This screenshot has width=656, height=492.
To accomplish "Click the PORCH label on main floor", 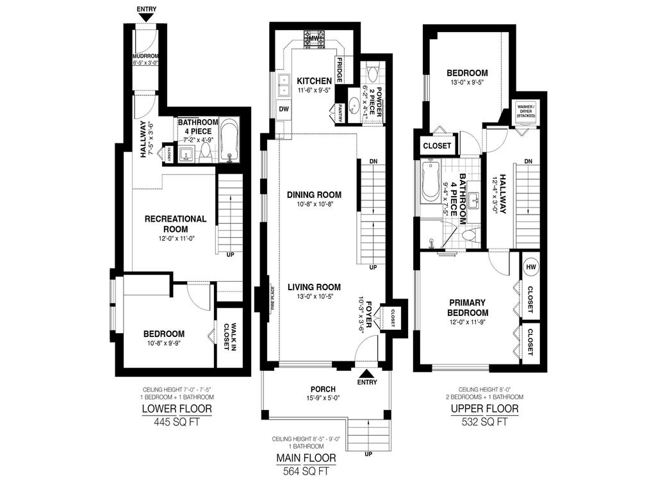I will pos(320,388).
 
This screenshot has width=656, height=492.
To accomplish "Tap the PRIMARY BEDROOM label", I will pos(468,307).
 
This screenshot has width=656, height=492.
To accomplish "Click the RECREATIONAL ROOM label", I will pos(176,224).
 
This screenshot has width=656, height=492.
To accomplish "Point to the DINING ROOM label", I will pos(314,195).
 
